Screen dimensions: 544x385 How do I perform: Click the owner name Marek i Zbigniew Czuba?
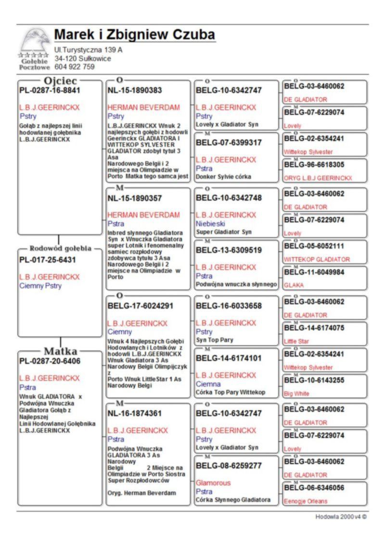[x=134, y=35]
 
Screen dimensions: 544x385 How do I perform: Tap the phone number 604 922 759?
[x=75, y=67]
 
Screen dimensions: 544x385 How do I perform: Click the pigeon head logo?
[x=35, y=40]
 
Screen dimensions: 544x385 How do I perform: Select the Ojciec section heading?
[x=61, y=80]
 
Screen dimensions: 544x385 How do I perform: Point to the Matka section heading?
[x=61, y=351]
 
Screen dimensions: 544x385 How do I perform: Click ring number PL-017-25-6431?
[x=48, y=260]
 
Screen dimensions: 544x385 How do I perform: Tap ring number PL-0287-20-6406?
[x=50, y=361]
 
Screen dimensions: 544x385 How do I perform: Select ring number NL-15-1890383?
[x=135, y=90]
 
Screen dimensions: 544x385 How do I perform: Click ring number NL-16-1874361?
[x=135, y=414]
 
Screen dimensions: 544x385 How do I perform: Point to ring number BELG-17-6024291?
[x=141, y=306]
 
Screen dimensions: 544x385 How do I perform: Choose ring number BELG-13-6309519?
[x=229, y=250]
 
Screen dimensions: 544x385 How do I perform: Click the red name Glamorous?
[x=213, y=483]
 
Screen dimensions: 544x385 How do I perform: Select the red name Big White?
[x=296, y=393]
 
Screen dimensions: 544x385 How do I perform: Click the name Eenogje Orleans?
[x=305, y=501]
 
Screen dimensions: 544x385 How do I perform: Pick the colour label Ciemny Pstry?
[x=40, y=285]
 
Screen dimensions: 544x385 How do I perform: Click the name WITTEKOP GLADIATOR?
[x=317, y=259]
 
